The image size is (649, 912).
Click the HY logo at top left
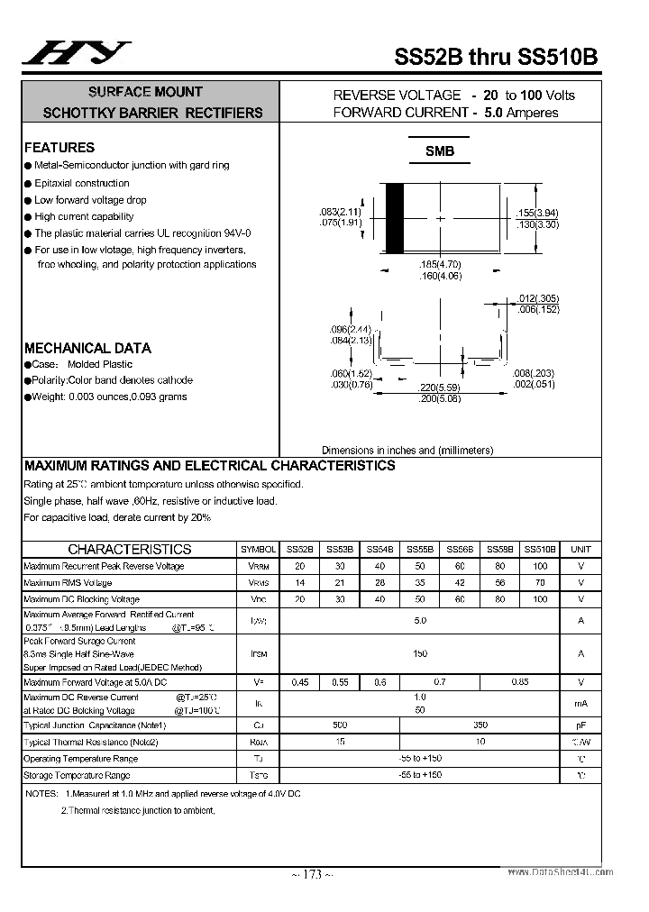click(77, 54)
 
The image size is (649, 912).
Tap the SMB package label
click(440, 151)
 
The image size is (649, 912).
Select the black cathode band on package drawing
click(395, 218)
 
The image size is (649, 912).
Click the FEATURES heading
click(59, 148)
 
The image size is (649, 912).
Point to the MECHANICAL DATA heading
click(87, 348)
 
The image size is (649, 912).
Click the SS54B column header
click(380, 549)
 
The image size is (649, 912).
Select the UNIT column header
click(581, 549)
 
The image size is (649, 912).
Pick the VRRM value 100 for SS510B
click(540, 566)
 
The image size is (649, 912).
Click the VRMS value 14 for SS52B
click(300, 583)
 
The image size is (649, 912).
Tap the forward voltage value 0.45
click(300, 682)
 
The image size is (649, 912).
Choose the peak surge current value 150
click(420, 653)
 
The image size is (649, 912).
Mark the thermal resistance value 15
click(340, 742)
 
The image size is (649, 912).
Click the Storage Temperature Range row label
click(77, 775)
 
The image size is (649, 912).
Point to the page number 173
click(313, 874)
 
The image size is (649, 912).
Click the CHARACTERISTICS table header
click(130, 549)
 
